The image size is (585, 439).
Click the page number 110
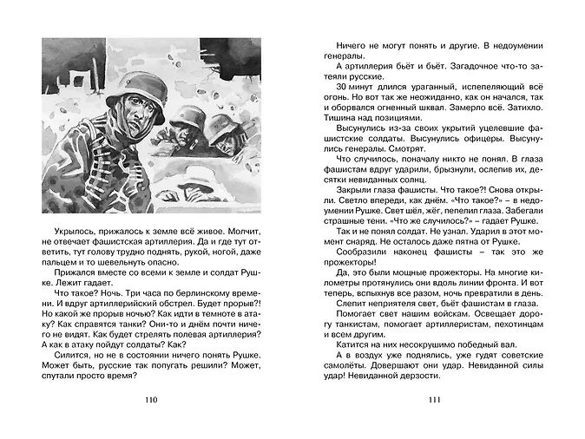click(149, 400)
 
